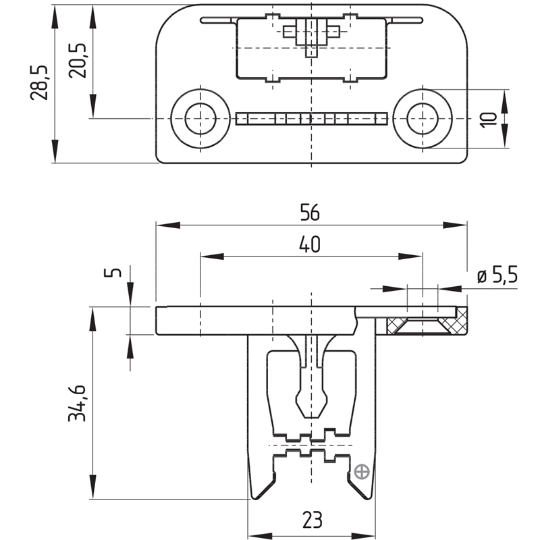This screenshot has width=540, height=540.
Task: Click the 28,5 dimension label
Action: pyautogui.click(x=39, y=83)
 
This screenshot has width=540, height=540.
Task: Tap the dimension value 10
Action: pyautogui.click(x=491, y=118)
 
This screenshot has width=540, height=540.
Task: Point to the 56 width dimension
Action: pyautogui.click(x=310, y=213)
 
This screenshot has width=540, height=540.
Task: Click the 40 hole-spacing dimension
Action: pyautogui.click(x=310, y=244)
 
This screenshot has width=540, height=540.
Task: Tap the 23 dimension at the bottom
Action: pyautogui.click(x=311, y=520)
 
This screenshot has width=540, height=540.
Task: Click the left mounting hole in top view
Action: pyautogui.click(x=199, y=119)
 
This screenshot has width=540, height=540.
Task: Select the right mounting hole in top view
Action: pyautogui.click(x=424, y=119)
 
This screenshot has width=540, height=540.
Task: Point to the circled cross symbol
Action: pyautogui.click(x=362, y=471)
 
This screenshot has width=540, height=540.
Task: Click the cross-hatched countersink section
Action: pyautogui.click(x=425, y=326)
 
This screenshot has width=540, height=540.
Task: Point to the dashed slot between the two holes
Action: pyautogui.click(x=311, y=119)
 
